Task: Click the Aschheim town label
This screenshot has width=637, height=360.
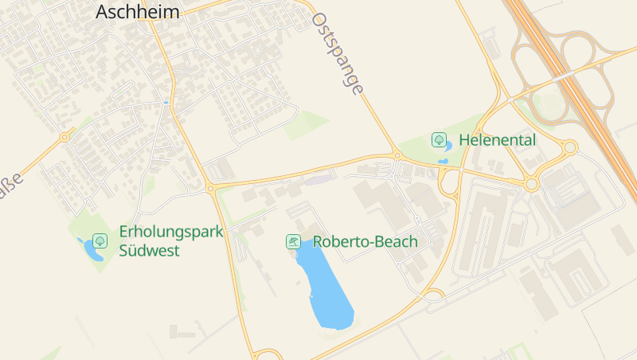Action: pos(137,11)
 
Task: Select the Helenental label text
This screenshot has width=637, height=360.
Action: pos(498,140)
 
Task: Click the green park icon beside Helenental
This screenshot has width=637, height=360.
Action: pos(438,139)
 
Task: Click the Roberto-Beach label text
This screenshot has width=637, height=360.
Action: pos(365,241)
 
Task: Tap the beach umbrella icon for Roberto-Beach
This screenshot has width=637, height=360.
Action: pos(293,241)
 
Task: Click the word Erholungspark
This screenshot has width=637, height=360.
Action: pos(171,232)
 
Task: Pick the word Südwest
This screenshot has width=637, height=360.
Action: pos(149,251)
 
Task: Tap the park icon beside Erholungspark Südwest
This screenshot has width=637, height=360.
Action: pos(100,240)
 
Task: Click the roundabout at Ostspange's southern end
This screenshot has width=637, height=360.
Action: pos(396,155)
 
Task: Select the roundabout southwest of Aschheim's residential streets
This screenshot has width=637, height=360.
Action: pos(211,189)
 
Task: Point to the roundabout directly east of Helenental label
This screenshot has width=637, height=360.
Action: pos(569,147)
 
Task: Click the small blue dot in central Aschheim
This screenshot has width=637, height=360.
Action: pos(166,103)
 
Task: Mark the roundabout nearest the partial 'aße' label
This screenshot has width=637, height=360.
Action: pos(64,137)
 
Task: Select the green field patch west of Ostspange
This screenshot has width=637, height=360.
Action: pos(307,124)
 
